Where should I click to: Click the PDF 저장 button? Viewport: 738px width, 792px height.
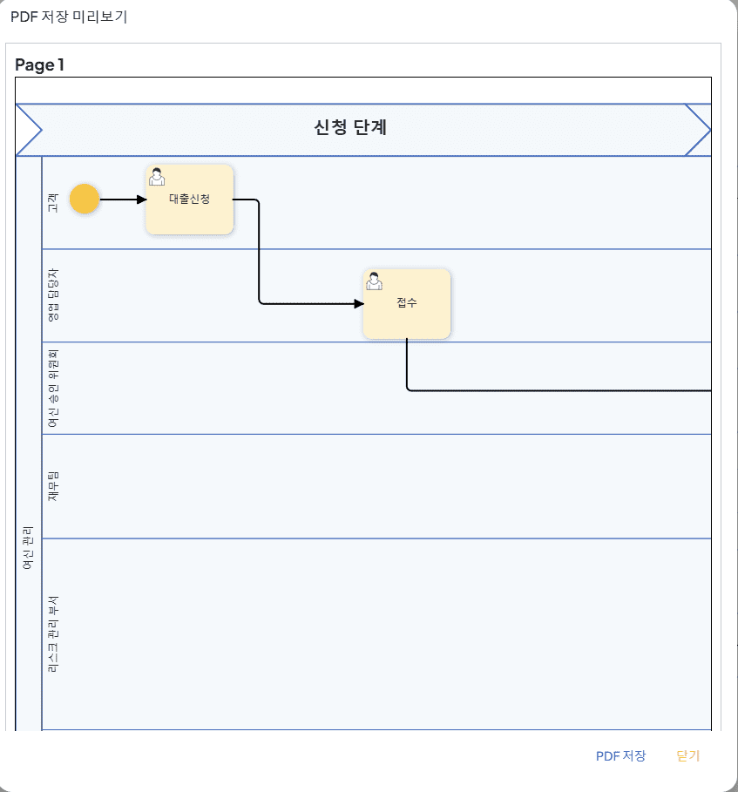coord(621,755)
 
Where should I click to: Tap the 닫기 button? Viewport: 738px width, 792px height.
coord(688,755)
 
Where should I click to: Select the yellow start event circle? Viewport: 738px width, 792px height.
coord(85,199)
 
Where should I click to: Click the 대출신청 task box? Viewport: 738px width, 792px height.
coord(189,199)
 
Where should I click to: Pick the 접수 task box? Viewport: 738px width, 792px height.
coord(407,303)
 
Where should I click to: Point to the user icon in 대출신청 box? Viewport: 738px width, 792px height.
coord(157,177)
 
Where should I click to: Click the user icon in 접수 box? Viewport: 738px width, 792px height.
coord(374,281)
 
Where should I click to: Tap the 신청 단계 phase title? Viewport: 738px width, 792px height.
coord(350,127)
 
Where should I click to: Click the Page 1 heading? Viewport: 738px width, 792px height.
coord(39,64)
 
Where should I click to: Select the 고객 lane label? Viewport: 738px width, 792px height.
coord(52,202)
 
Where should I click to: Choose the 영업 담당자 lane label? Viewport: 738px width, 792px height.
coord(52,295)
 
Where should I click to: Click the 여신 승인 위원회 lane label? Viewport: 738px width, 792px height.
coord(52,389)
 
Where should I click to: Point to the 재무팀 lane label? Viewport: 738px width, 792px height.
coord(52,486)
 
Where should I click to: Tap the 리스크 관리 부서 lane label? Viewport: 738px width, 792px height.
coord(52,634)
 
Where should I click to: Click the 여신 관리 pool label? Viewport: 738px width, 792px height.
coord(28,547)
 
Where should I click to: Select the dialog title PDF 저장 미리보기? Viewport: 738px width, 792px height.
coord(69,17)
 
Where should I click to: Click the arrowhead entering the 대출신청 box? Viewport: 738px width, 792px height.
coord(142,200)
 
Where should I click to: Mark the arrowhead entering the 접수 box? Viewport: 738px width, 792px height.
coord(359,303)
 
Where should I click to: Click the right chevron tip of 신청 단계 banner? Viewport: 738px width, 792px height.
coord(710,130)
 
